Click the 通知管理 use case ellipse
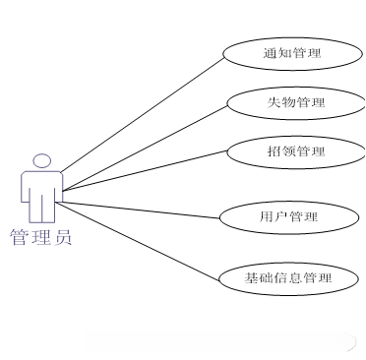pyautogui.click(x=286, y=52)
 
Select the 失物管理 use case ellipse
pyautogui.click(x=288, y=101)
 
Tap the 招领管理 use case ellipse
pyautogui.click(x=288, y=151)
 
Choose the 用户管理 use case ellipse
pyautogui.click(x=280, y=216)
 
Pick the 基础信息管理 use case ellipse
pyautogui.click(x=288, y=278)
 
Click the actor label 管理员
pyautogui.click(x=40, y=237)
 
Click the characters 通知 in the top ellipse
pyautogui.click(x=274, y=52)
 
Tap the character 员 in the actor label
pyautogui.click(x=61, y=237)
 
